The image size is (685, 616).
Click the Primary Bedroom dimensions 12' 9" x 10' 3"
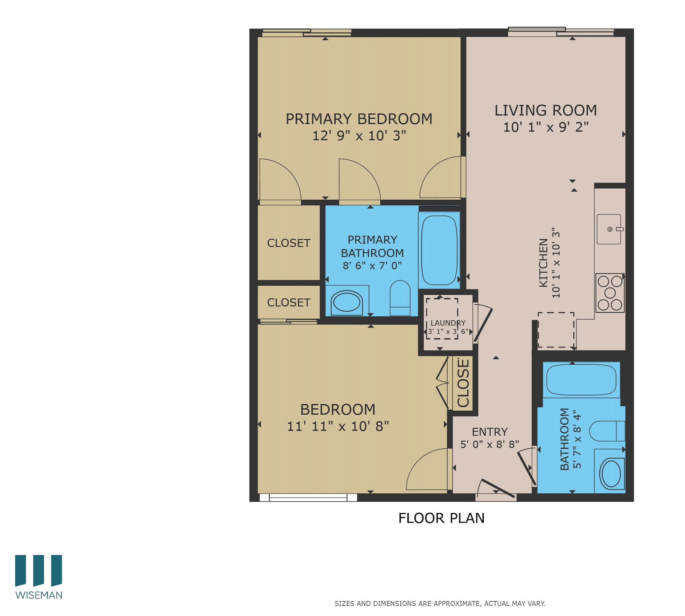click(359, 136)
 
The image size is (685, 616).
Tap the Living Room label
click(545, 110)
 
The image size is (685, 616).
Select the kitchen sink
click(608, 229)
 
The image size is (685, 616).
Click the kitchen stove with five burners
click(610, 293)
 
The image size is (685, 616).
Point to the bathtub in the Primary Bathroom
click(439, 250)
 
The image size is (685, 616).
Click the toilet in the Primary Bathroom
click(400, 298)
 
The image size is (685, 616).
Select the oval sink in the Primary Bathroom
click(346, 302)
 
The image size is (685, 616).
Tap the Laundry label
click(448, 323)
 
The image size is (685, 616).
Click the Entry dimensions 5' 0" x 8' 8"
click(489, 444)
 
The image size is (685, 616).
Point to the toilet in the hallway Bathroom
click(607, 431)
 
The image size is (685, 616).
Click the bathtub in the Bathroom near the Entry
click(581, 380)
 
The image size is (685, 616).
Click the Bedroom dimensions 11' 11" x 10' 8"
click(338, 426)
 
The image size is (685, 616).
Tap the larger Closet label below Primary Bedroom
click(289, 243)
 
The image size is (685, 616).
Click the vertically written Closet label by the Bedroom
click(463, 383)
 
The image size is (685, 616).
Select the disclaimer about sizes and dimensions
click(439, 604)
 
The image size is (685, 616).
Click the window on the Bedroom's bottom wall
click(308, 497)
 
